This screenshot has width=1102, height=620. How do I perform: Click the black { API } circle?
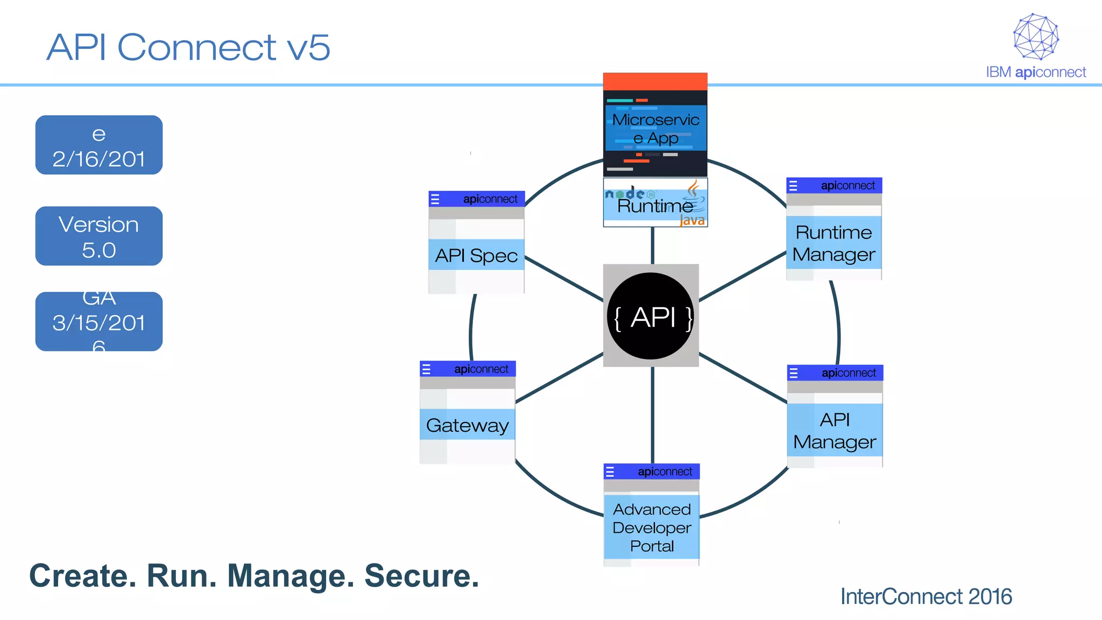pyautogui.click(x=651, y=316)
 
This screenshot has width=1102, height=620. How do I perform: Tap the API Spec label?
pyautogui.click(x=476, y=255)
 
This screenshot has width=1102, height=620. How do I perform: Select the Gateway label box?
pyautogui.click(x=467, y=425)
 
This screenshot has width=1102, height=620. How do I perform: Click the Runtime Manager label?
pyautogui.click(x=833, y=243)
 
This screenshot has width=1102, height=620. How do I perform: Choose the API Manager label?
pyautogui.click(x=835, y=430)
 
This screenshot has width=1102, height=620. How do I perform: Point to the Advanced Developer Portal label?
pyautogui.click(x=652, y=527)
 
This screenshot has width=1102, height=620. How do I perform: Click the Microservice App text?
pyautogui.click(x=655, y=128)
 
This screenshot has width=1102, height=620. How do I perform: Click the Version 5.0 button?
pyautogui.click(x=99, y=236)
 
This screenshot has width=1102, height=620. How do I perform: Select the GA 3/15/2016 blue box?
pyautogui.click(x=99, y=322)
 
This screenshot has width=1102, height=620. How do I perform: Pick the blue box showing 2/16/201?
pyautogui.click(x=99, y=145)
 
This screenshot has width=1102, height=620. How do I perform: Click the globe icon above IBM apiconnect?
pyautogui.click(x=1036, y=37)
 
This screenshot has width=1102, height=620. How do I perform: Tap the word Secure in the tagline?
pyautogui.click(x=421, y=576)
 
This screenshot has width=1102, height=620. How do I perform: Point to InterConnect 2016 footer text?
pyautogui.click(x=926, y=596)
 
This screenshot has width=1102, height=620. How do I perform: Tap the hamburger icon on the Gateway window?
pyautogui.click(x=426, y=369)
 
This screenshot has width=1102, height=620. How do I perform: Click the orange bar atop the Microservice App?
pyautogui.click(x=655, y=81)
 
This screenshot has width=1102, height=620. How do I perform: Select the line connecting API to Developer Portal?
pyautogui.click(x=652, y=414)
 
